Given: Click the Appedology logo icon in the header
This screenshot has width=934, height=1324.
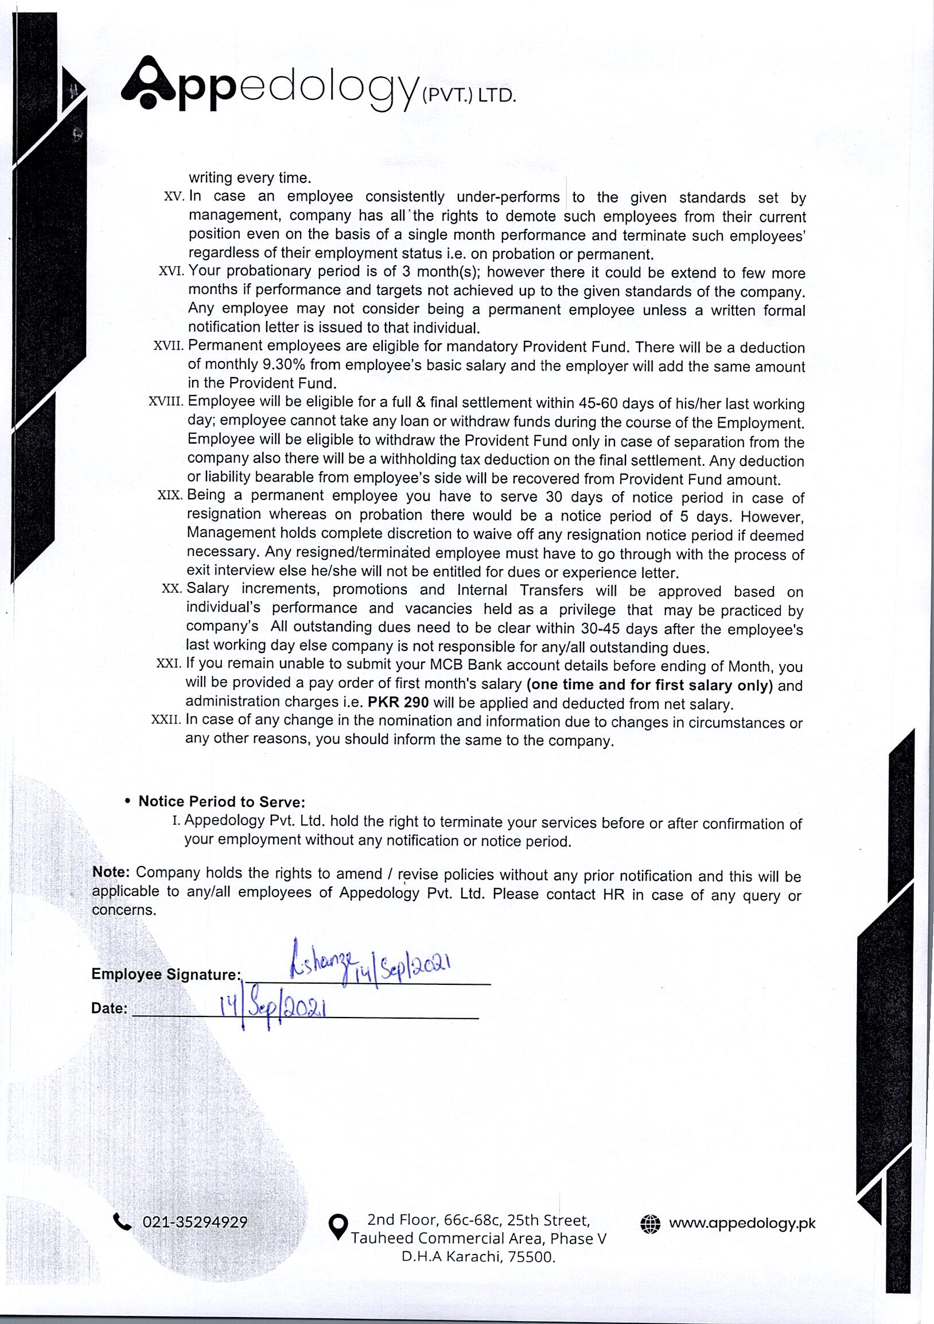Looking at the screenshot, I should (148, 83).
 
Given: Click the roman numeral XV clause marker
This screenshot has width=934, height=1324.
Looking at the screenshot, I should (173, 197).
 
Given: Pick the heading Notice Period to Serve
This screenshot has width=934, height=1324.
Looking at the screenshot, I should (221, 802).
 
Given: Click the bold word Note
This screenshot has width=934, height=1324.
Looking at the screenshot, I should (111, 872).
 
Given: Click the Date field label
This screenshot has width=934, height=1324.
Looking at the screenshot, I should (109, 1008).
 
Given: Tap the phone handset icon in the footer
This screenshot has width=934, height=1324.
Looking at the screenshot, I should (122, 1222).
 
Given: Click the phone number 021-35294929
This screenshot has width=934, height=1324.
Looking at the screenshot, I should (195, 1222).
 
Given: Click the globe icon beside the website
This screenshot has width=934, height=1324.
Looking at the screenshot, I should (650, 1224).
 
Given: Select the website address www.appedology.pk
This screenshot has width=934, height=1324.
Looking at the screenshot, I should (742, 1224).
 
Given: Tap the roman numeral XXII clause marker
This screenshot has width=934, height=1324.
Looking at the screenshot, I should (166, 721).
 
